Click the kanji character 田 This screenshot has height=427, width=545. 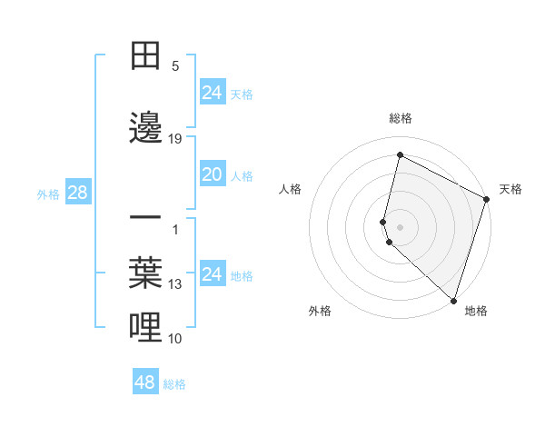tap(146, 55)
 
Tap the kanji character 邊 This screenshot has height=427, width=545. tap(146, 128)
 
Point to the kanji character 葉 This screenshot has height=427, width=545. tap(146, 273)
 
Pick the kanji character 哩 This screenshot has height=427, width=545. tap(146, 328)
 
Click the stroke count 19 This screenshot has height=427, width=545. tap(175, 139)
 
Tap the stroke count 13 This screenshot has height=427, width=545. tap(175, 284)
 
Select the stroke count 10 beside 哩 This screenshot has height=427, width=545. tap(175, 339)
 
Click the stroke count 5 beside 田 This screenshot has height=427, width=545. tap(175, 65)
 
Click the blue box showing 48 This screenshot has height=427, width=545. tap(145, 382)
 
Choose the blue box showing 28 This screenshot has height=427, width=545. tap(77, 193)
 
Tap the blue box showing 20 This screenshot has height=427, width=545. tap(212, 174)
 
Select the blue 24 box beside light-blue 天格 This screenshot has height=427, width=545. tap(212, 93)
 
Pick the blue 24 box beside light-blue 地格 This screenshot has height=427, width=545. tap(212, 274)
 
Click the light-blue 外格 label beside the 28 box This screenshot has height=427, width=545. tap(48, 194)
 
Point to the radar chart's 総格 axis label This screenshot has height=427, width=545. tap(401, 118)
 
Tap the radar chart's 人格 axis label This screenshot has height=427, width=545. tap(291, 189)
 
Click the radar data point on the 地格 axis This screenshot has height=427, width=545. tap(453, 300)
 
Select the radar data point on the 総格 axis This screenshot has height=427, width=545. tap(400, 154)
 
